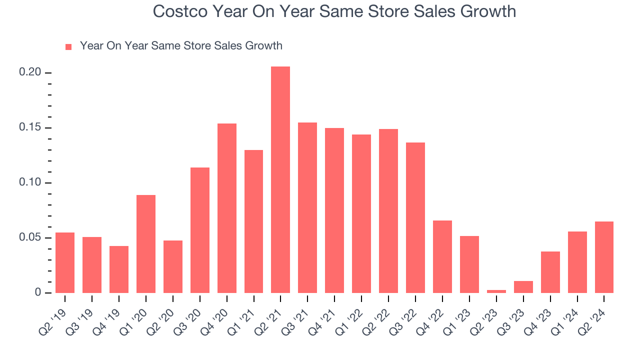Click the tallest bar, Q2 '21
pyautogui.click(x=280, y=179)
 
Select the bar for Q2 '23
pyautogui.click(x=496, y=291)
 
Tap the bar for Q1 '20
pyautogui.click(x=145, y=243)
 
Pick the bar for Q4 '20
pyautogui.click(x=226, y=208)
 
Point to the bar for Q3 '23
pyautogui.click(x=523, y=287)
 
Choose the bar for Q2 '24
pyautogui.click(x=604, y=257)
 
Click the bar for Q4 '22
pyautogui.click(x=442, y=256)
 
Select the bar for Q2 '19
pyautogui.click(x=65, y=262)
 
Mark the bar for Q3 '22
pyautogui.click(x=415, y=217)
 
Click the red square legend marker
pyautogui.click(x=68, y=46)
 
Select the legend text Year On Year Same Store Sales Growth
pyautogui.click(x=181, y=46)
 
